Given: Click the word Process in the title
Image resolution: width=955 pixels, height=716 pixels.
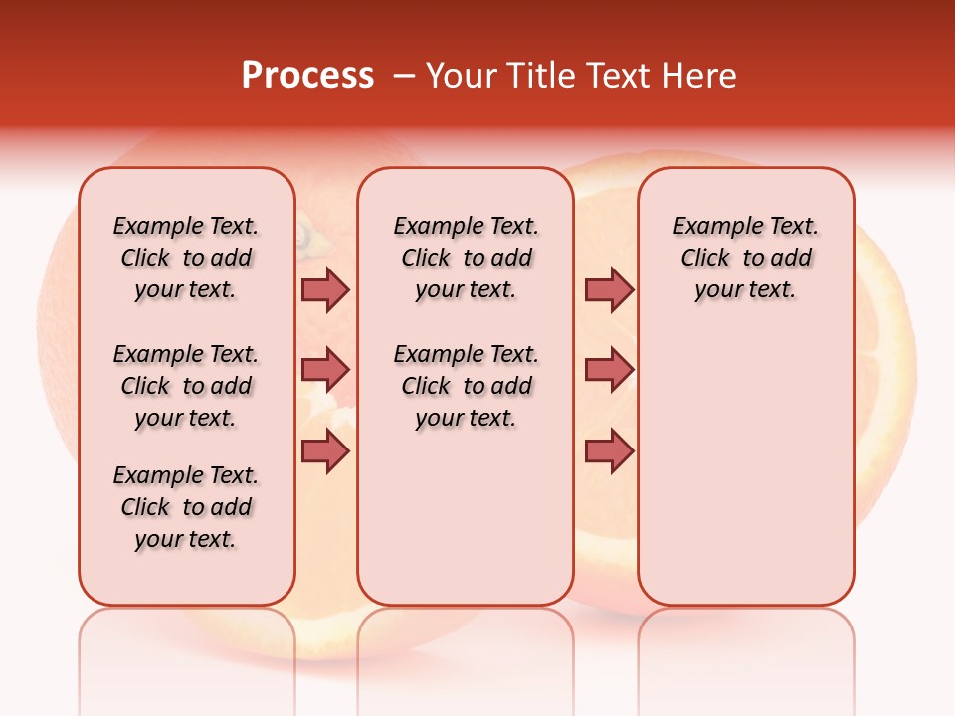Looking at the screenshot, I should click(x=307, y=76).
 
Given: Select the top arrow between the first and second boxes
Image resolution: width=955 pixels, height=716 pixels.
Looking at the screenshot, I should click(x=325, y=289).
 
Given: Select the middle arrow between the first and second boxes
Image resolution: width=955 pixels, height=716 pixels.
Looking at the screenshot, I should click(x=325, y=371).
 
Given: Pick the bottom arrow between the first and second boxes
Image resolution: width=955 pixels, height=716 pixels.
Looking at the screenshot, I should click(x=325, y=451).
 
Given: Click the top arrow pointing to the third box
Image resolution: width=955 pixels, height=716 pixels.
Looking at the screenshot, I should click(x=609, y=289).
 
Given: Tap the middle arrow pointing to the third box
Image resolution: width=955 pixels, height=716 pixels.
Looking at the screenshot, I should click(x=609, y=371).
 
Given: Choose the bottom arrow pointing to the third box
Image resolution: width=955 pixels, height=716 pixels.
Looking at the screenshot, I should click(x=609, y=451).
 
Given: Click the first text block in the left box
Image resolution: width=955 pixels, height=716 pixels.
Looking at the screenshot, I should click(x=186, y=258).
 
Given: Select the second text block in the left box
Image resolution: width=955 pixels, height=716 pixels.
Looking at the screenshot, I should click(x=186, y=386).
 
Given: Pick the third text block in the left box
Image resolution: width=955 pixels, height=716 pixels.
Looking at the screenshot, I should click(x=186, y=507).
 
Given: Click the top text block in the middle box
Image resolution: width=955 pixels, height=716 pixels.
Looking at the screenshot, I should click(x=466, y=258).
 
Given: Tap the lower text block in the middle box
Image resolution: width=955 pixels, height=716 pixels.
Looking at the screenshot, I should click(x=466, y=386).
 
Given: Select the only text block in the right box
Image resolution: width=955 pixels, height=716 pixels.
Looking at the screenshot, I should click(x=745, y=258).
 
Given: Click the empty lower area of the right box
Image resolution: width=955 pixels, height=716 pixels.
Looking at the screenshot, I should click(x=745, y=467).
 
